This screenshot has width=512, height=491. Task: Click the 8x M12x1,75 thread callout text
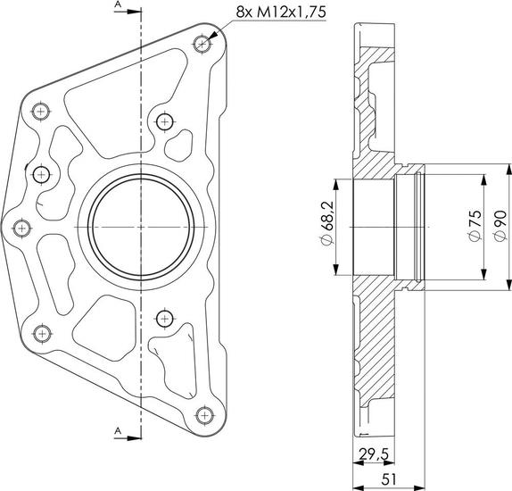tap(281, 12)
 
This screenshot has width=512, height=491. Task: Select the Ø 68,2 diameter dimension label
tap(327, 223)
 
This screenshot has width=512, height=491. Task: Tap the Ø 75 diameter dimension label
tap(475, 226)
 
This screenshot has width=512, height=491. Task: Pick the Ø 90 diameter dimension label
tap(500, 226)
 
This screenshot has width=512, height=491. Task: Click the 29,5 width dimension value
tap(374, 454)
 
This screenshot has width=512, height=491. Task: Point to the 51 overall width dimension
tap(388, 479)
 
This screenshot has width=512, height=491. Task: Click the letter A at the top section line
tap(118, 4)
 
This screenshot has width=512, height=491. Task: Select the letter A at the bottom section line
tap(118, 431)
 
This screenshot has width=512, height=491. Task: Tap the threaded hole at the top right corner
tap(202, 44)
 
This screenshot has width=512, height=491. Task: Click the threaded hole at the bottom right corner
tap(205, 415)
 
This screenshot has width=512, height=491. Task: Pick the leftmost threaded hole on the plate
tap(22, 228)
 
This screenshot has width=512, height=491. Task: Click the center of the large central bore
tap(141, 227)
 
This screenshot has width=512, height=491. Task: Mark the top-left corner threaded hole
tap(40, 112)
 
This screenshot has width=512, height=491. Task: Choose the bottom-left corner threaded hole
tap(42, 334)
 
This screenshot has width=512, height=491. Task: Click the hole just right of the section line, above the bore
tap(164, 122)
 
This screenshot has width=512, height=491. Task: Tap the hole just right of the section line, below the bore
tap(164, 319)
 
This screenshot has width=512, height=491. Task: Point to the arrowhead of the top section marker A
tap(134, 12)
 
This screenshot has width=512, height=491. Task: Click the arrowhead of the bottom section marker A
tap(134, 438)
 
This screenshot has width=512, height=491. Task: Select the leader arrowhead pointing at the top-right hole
tap(212, 36)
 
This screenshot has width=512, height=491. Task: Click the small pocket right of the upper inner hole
tap(179, 146)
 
